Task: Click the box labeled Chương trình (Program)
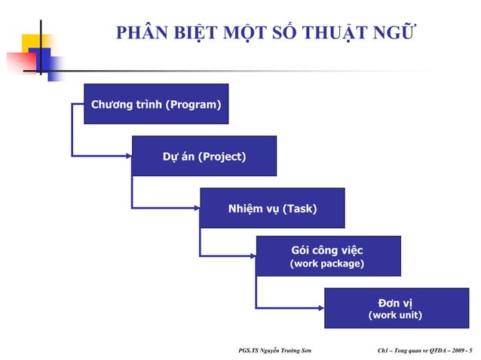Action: pos(156,104)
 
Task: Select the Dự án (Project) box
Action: pos(204,156)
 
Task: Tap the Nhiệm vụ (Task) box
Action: pos(271,208)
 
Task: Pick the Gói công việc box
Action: pos(328,256)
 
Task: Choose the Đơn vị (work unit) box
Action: pos(395,307)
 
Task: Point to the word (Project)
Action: pos(222,157)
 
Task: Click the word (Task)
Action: pos(299,209)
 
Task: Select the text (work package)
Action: pos(327,264)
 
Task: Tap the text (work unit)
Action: pos(394,316)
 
